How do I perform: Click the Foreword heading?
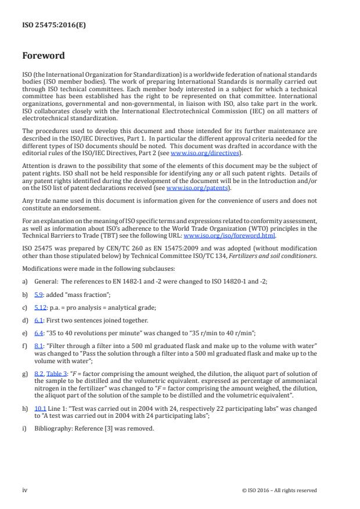[x=44, y=56]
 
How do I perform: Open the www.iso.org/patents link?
[x=190, y=188]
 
